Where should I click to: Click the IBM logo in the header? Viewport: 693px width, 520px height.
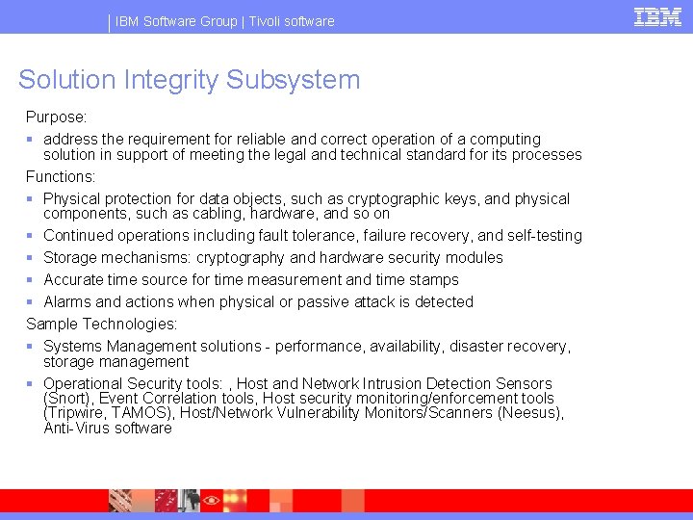(657, 16)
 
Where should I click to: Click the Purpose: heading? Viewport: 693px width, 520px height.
(57, 117)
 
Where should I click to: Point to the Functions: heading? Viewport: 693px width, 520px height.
(61, 176)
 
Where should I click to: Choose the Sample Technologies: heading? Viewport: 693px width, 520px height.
(102, 324)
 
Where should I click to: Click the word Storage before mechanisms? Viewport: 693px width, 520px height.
(70, 257)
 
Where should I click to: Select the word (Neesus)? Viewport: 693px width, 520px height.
(530, 412)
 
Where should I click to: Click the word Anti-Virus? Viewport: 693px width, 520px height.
(76, 428)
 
